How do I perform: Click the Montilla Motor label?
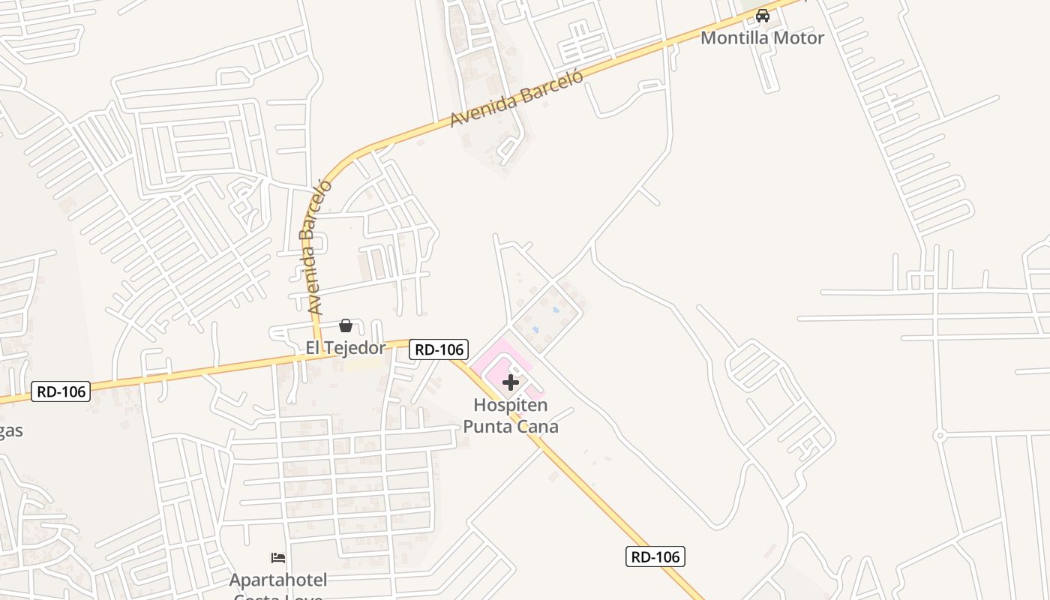[762, 37]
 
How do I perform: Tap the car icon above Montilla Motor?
[763, 16]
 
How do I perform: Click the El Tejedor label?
[345, 348]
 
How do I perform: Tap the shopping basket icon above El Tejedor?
[346, 325]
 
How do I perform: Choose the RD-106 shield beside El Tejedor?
[439, 349]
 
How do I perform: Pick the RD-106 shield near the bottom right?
[655, 556]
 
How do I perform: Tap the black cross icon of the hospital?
[511, 383]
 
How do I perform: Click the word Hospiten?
[511, 406]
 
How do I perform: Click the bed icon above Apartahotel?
[278, 558]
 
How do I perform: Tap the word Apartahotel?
[278, 580]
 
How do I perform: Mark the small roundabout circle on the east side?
[939, 435]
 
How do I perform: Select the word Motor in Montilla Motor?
[797, 37]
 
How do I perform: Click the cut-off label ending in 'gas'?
[10, 431]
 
